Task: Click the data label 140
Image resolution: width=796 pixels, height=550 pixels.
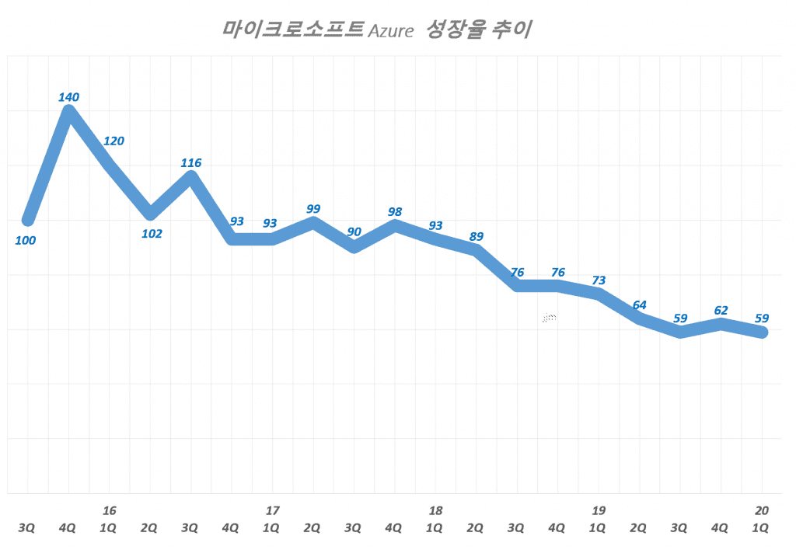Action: click(68, 97)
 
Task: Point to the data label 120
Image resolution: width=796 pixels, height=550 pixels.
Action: click(113, 141)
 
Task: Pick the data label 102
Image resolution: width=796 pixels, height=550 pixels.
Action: click(151, 233)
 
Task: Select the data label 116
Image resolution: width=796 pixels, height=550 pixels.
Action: click(190, 163)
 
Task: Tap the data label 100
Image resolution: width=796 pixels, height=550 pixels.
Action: click(25, 240)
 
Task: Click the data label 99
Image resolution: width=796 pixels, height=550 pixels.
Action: click(313, 208)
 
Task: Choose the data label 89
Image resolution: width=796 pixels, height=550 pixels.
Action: click(477, 236)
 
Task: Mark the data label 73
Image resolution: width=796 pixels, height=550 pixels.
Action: click(599, 280)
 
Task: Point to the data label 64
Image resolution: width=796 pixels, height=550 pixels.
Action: click(640, 305)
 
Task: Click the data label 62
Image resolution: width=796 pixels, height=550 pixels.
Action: click(721, 309)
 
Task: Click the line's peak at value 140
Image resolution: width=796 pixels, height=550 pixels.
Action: click(68, 112)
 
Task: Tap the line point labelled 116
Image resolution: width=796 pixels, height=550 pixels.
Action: click(191, 176)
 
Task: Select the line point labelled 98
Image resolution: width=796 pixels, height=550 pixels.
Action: click(395, 226)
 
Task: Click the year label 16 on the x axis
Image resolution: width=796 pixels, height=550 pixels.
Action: click(110, 510)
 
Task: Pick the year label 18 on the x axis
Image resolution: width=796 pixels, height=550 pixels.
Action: click(435, 510)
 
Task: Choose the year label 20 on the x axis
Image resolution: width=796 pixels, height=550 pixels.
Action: click(762, 510)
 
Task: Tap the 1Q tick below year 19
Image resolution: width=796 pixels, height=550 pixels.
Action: click(599, 528)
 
